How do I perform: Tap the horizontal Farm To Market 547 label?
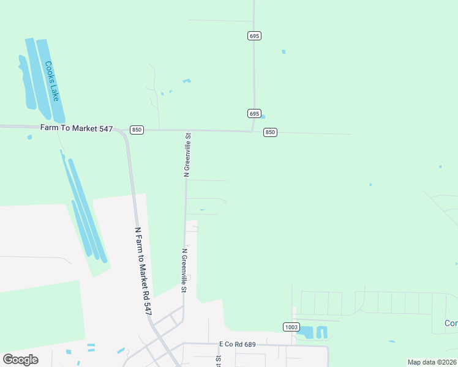[x=77, y=128]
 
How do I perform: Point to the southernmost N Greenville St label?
[x=184, y=266]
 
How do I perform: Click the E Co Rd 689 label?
[x=237, y=345]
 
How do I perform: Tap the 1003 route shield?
[x=291, y=327]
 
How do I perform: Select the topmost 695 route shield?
[x=255, y=36]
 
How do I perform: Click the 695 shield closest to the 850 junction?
[x=255, y=114]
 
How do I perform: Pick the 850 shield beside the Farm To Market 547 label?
[x=137, y=130]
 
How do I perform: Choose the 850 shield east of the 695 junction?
[x=271, y=132]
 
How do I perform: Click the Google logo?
[x=20, y=360]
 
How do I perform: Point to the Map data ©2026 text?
[x=431, y=362]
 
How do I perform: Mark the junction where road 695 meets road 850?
[x=253, y=131]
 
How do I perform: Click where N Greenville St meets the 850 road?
[x=187, y=130]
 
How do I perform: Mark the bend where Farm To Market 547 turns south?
[x=126, y=134]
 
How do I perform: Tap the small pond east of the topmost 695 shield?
[x=283, y=52]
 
